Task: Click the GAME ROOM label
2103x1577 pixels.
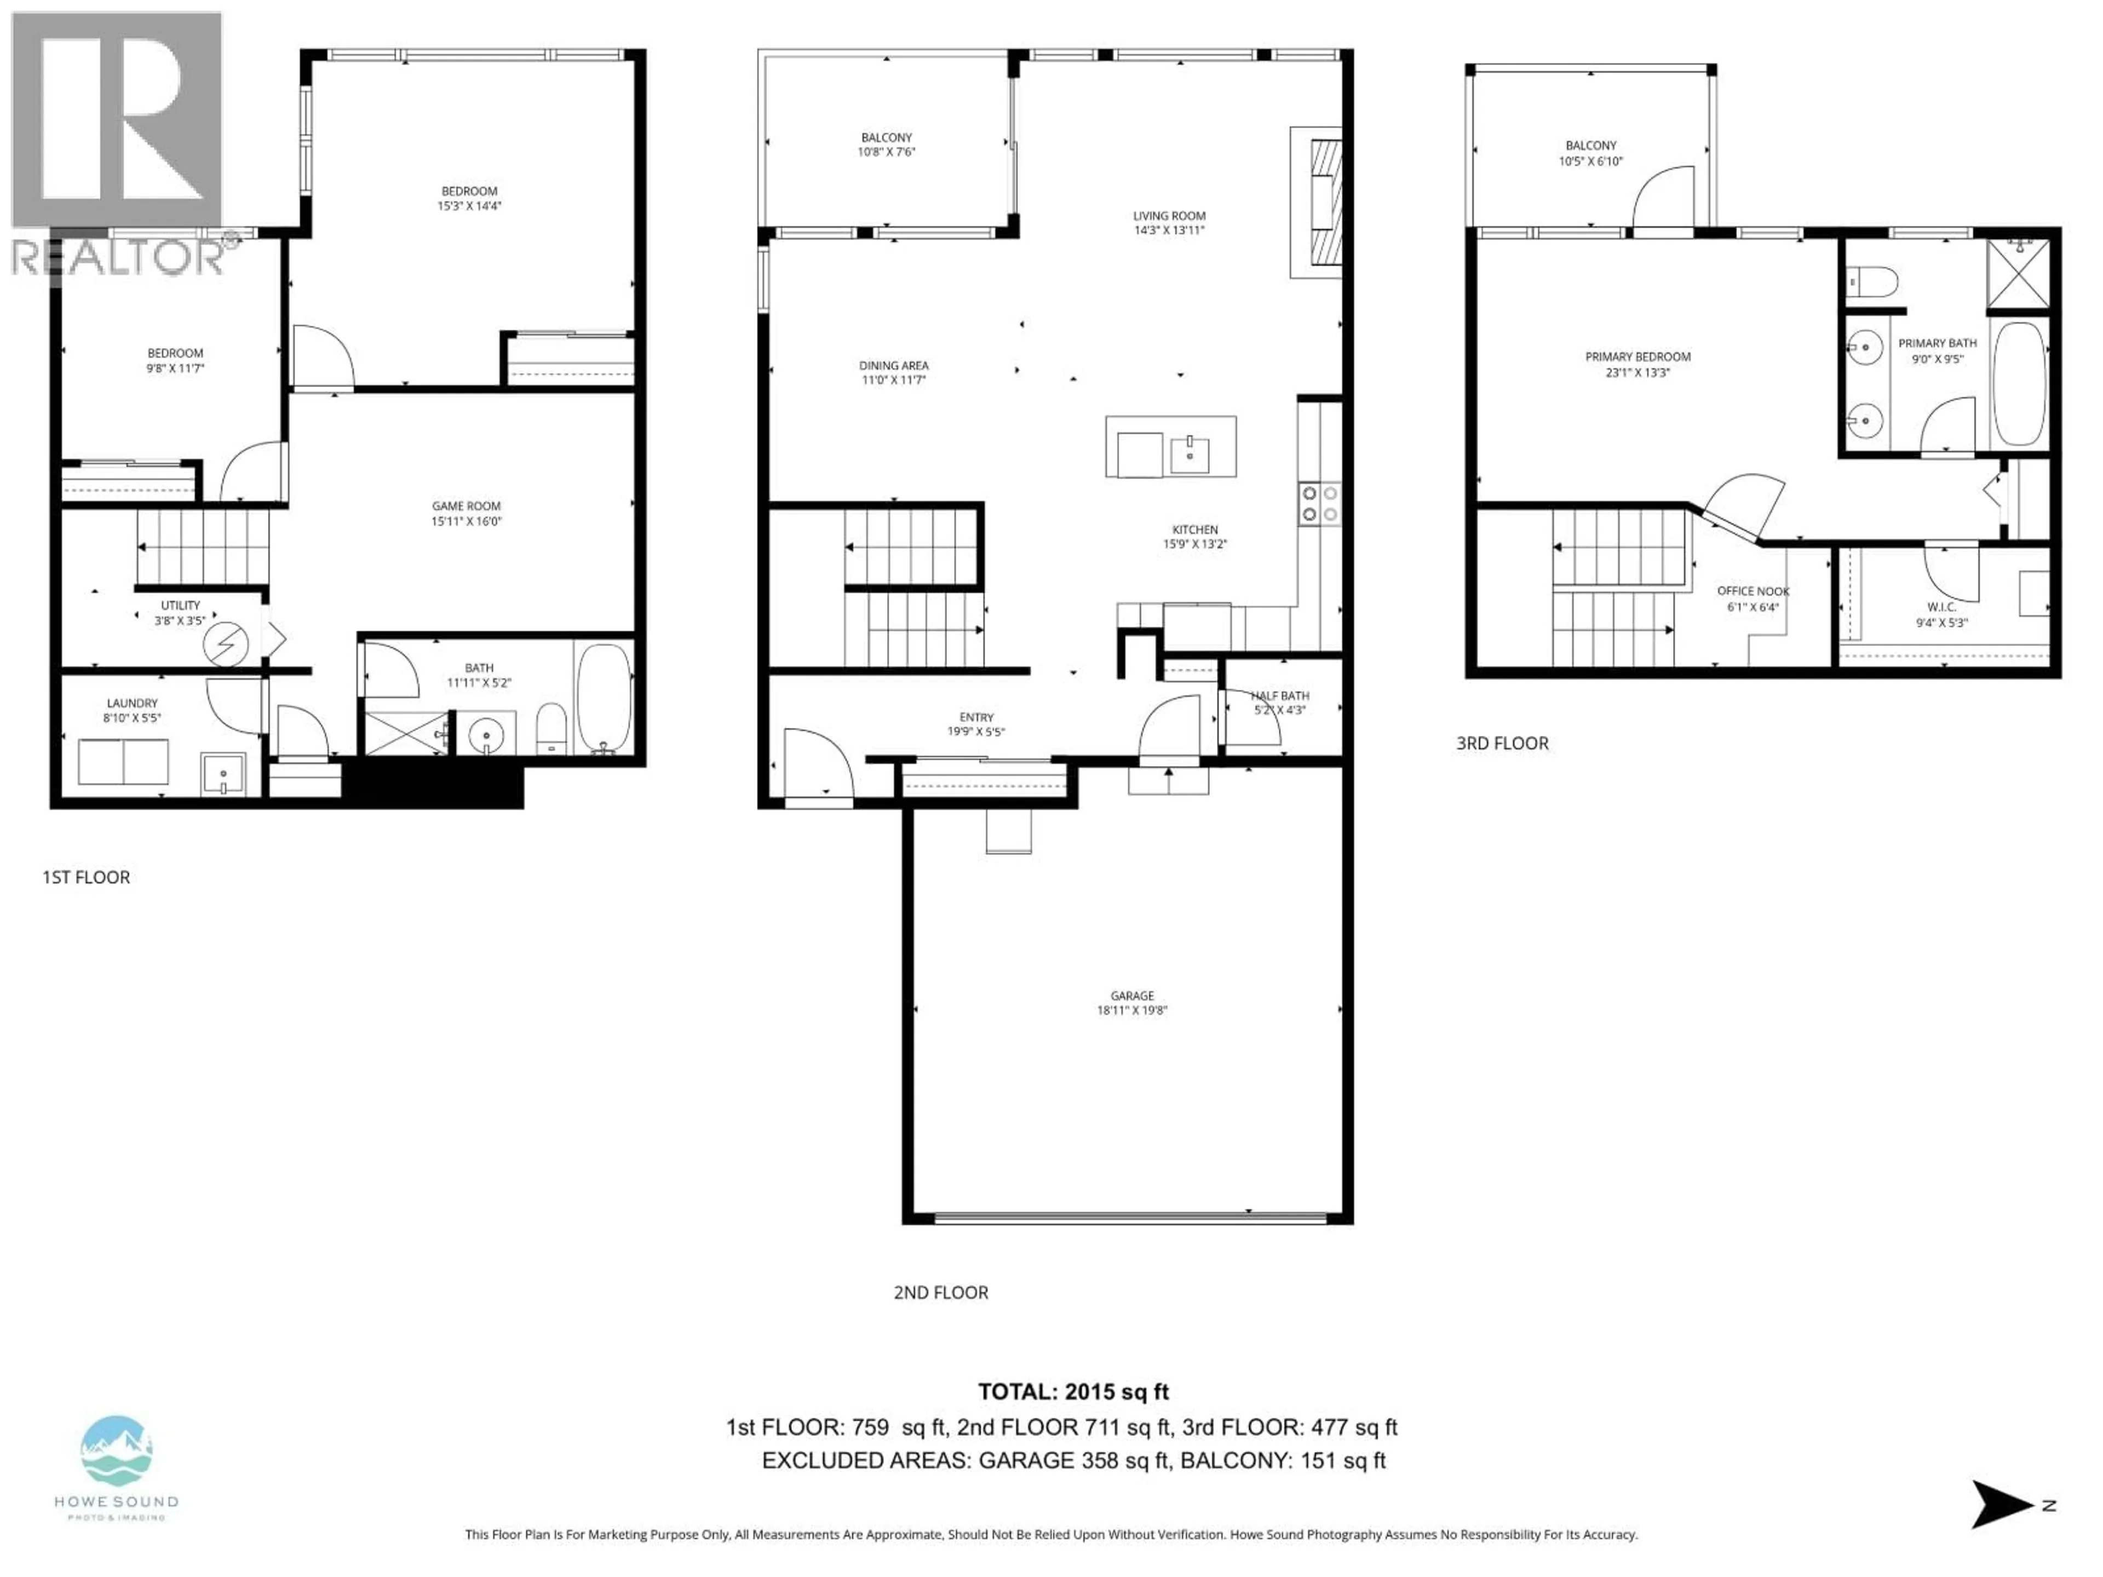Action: pyautogui.click(x=466, y=507)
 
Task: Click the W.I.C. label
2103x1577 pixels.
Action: pyautogui.click(x=1940, y=607)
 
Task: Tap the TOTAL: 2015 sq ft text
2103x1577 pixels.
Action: pyautogui.click(x=1073, y=1391)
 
